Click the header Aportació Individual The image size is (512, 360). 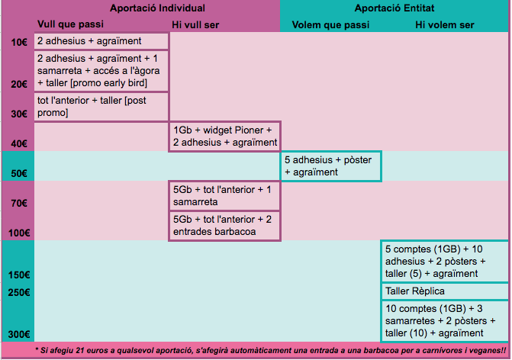pos(157,8)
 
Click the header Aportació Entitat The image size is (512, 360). pos(394,8)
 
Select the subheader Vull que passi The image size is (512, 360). pos(70,24)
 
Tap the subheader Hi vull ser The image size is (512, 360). pos(195,25)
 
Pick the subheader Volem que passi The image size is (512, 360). pos(330,25)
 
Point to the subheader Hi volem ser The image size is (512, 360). pos(445,25)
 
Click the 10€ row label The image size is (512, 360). pos(19,43)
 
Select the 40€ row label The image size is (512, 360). pos(19,143)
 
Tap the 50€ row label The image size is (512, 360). pos(19,173)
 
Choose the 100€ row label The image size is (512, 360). pos(19,233)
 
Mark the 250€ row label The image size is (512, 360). pos(19,292)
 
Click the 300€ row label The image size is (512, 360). pos(19,334)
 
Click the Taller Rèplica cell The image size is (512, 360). pos(444,291)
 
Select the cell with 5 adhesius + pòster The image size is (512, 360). pos(330,166)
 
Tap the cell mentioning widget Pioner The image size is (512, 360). pos(224,137)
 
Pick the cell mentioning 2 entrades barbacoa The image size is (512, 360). pos(224,226)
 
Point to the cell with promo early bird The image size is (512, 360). pos(101,71)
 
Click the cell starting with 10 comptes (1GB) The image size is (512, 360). pos(444,321)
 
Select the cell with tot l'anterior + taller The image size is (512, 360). pos(101,107)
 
